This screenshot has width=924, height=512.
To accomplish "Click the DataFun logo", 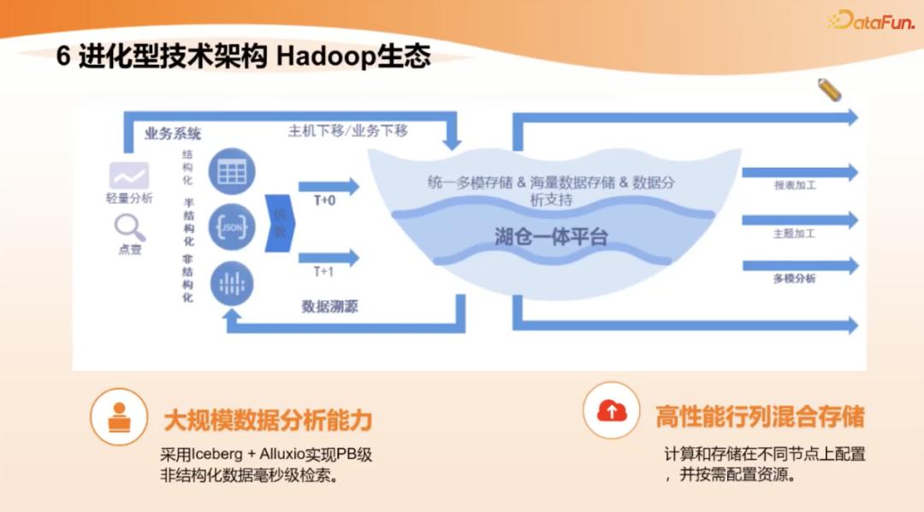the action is [x=871, y=21].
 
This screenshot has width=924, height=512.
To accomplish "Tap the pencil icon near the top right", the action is [x=829, y=89].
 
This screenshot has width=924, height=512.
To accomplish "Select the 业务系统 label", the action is [x=173, y=134].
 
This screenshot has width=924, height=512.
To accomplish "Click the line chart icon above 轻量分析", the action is [x=128, y=176].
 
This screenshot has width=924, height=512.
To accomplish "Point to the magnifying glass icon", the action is [x=129, y=227].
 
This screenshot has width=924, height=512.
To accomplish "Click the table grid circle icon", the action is [x=230, y=171].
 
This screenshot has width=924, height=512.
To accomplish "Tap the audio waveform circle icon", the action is [x=230, y=284].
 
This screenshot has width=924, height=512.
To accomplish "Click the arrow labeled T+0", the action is [x=329, y=187].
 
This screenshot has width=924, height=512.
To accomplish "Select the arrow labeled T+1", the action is [x=329, y=257].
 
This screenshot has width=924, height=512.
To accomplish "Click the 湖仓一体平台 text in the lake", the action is [x=551, y=237].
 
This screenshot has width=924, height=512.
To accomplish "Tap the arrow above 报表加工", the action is [x=799, y=172].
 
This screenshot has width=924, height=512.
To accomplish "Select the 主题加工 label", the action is [x=794, y=233].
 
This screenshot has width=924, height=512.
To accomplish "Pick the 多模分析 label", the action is [x=794, y=278].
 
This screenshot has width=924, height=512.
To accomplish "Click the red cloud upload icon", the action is [x=612, y=411].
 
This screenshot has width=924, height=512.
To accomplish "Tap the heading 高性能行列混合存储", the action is [x=760, y=417].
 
